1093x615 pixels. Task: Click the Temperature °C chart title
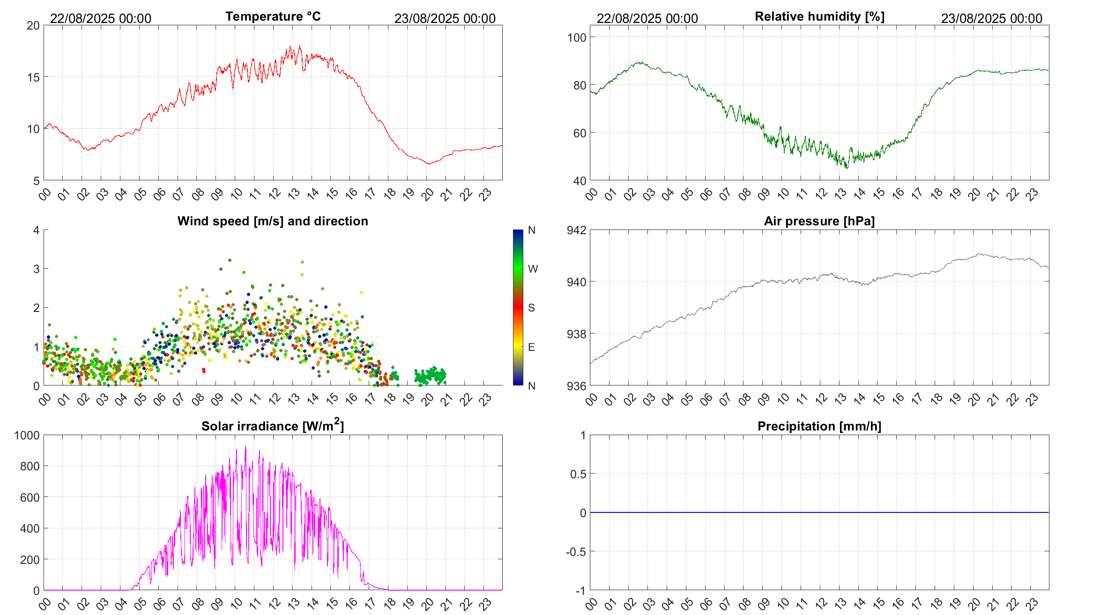tap(273, 16)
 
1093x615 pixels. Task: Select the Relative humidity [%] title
tap(819, 16)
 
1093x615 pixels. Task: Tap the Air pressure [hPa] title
tap(819, 221)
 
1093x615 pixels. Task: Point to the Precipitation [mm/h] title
tap(819, 426)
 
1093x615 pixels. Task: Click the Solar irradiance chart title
tap(273, 426)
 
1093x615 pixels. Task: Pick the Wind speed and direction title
tap(273, 221)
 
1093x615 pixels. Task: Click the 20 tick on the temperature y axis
tap(33, 26)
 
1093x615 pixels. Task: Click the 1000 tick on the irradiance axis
tap(27, 435)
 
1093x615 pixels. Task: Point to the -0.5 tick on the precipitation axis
tap(576, 552)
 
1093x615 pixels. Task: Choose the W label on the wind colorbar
tap(533, 269)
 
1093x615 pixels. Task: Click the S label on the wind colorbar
tap(531, 308)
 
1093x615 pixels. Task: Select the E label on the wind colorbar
tap(531, 347)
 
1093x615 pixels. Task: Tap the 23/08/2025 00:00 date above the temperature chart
tap(445, 18)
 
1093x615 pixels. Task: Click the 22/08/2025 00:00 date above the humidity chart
tap(647, 18)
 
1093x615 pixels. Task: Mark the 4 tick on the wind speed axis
tap(37, 230)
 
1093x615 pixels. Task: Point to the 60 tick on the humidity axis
tap(580, 133)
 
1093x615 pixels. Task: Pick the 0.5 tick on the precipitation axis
tap(578, 474)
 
